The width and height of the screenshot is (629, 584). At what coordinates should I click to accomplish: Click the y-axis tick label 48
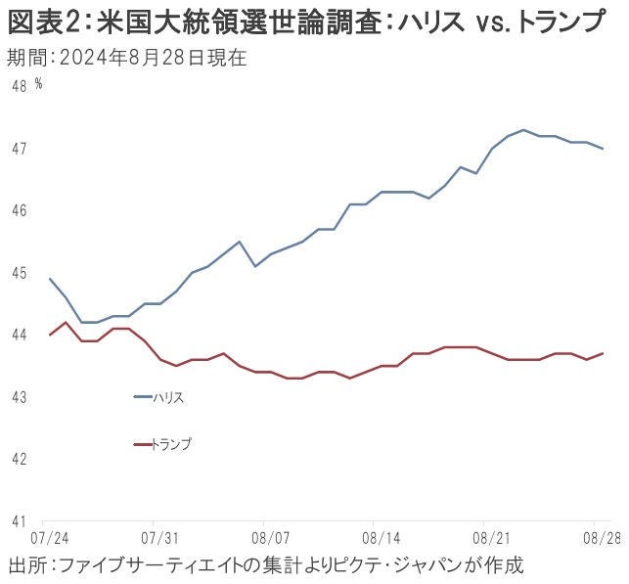coord(19,86)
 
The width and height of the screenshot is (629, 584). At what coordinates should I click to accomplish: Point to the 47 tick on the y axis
coord(19,149)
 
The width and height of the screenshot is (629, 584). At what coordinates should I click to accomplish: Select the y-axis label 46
coord(19,210)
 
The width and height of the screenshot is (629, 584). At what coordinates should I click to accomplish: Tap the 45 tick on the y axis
coord(19,273)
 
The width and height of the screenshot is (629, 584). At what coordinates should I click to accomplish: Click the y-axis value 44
coord(19,335)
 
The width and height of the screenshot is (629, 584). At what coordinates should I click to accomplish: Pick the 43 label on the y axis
coord(19,397)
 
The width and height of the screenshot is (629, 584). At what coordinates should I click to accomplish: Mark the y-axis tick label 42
coord(19,459)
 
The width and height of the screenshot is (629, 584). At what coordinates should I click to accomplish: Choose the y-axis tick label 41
coord(19,521)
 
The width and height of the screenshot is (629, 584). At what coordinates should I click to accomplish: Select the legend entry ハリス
coord(167,397)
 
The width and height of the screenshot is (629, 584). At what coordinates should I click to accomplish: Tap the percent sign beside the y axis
coord(38,84)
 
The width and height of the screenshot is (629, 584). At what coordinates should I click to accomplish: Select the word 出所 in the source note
coord(26,565)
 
